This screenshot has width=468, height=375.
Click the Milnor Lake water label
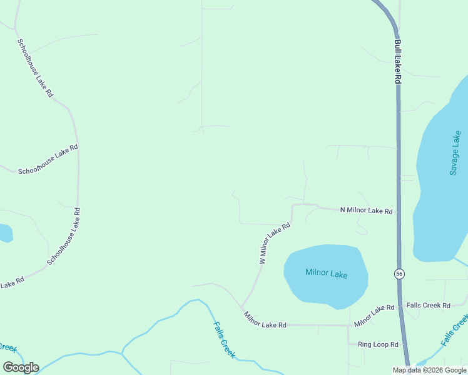point(326,273)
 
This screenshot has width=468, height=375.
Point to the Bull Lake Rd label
point(397,62)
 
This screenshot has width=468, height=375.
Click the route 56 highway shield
point(399,274)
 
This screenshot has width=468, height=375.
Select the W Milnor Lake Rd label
point(275,243)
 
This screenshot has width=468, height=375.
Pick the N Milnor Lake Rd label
point(366,211)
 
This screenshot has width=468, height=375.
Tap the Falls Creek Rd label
point(429,306)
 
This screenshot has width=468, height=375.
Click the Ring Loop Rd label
point(378,344)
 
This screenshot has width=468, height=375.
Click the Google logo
point(21,367)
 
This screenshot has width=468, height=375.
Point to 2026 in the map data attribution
point(437,370)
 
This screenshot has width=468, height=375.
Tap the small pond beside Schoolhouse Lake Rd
point(4,233)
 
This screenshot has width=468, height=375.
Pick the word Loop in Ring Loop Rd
point(379,344)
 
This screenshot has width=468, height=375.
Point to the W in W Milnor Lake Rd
point(262,261)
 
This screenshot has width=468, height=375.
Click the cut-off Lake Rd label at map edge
point(11,282)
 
